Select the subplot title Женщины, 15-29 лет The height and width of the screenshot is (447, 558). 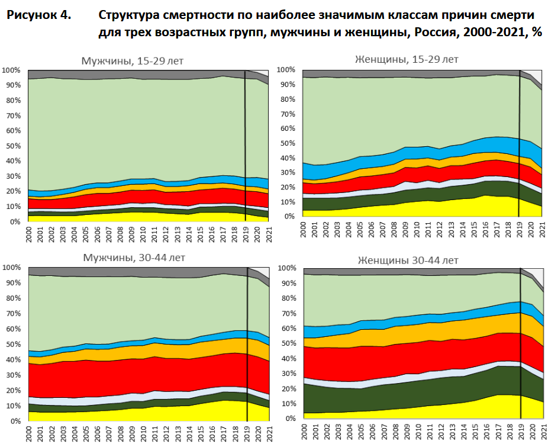coord(406,59)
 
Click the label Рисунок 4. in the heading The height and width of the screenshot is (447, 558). coord(38,15)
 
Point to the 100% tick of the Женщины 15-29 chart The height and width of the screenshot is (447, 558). coord(285,70)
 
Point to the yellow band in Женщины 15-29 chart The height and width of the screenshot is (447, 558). coord(414,209)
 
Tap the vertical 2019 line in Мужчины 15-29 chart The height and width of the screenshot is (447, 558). coord(245,148)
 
